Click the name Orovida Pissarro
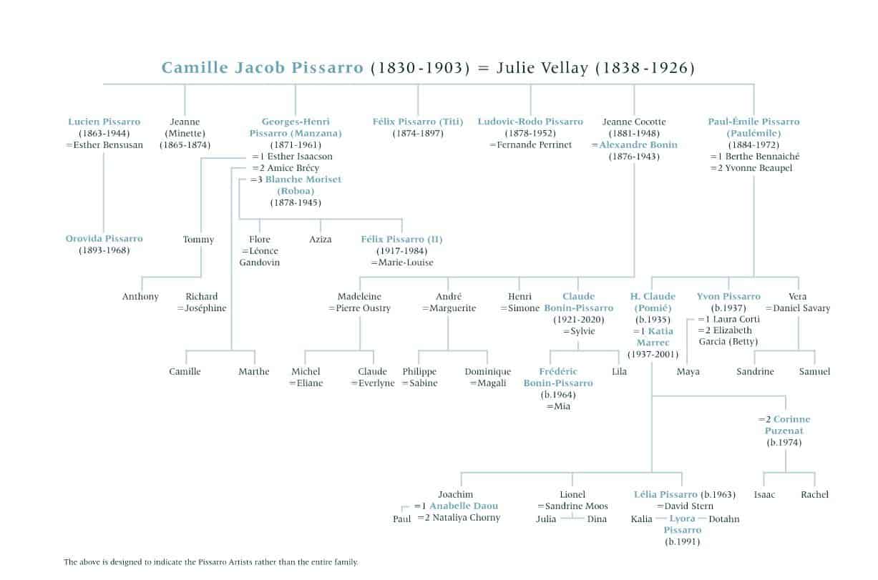coord(104,238)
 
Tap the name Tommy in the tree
coord(198,240)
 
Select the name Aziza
coord(321,240)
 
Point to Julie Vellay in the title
coord(542,68)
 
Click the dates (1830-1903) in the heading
coord(420,68)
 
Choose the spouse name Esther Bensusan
coord(108,145)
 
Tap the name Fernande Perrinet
coord(535,145)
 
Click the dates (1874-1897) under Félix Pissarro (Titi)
coord(418,134)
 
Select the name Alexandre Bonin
coord(638,145)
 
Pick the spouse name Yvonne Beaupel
coord(759,168)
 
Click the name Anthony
coord(140,297)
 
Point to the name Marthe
coord(254,371)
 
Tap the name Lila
coord(619,371)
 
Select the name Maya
coord(688,372)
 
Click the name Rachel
coord(814,495)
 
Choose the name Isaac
coord(764,495)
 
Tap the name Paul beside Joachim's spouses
coord(401,519)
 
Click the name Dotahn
coord(724,519)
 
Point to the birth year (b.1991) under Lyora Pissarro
coord(683,541)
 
